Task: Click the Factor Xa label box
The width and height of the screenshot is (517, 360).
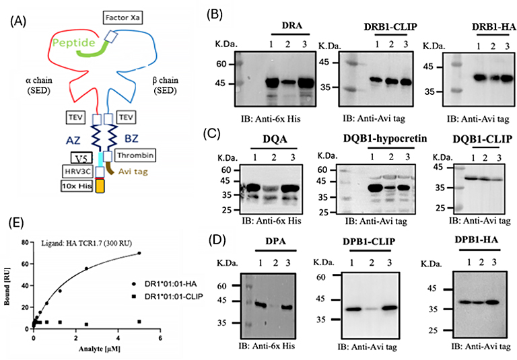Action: point(123,17)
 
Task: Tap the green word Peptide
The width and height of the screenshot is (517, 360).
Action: point(74,42)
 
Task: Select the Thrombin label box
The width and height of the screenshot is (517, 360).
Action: point(135,155)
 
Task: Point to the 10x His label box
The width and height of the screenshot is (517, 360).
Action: point(77,186)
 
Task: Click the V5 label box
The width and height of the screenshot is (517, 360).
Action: point(81,159)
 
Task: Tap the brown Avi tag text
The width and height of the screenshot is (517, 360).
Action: point(133,172)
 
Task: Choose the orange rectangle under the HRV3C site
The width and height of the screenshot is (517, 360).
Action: point(100,186)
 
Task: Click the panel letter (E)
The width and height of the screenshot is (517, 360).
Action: point(16,223)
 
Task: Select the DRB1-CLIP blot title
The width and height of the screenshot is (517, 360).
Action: point(390,27)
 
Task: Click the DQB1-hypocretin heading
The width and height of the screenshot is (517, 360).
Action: point(385,139)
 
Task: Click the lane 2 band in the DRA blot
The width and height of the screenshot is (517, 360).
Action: point(288,82)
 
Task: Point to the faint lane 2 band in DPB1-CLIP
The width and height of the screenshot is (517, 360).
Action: point(372,310)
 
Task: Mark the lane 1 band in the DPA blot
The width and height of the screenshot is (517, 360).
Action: point(261,305)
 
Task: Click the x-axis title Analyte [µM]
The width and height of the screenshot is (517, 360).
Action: point(99,349)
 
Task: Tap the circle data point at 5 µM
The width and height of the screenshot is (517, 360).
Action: point(139,253)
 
